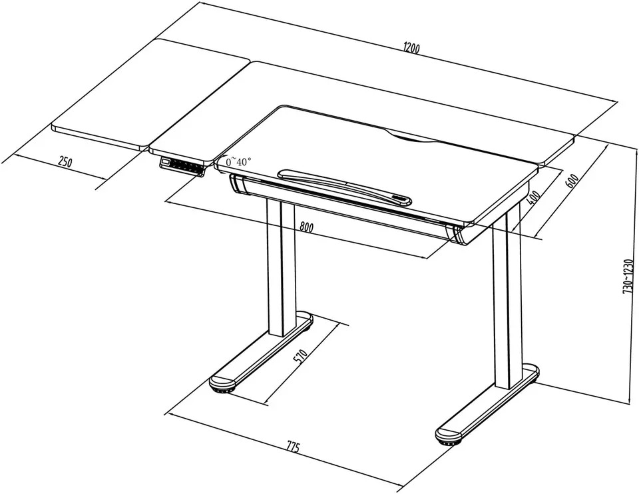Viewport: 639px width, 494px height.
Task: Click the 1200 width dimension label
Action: coord(411,49)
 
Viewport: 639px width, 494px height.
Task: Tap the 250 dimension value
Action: coord(65,162)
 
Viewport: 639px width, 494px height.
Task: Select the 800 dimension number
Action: coord(306,227)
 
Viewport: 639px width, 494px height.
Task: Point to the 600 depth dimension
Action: coord(572,181)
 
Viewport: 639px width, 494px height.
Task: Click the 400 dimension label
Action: coord(533,197)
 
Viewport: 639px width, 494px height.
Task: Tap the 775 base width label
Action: coord(293,447)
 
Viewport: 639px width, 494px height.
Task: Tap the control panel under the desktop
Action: coord(182,166)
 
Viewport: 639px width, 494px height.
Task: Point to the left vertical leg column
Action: coord(281,267)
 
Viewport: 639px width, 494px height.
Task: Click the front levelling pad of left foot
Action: coord(222,391)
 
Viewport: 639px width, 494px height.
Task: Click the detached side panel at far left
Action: coord(151,94)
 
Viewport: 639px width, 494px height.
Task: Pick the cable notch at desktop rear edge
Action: coord(411,138)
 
